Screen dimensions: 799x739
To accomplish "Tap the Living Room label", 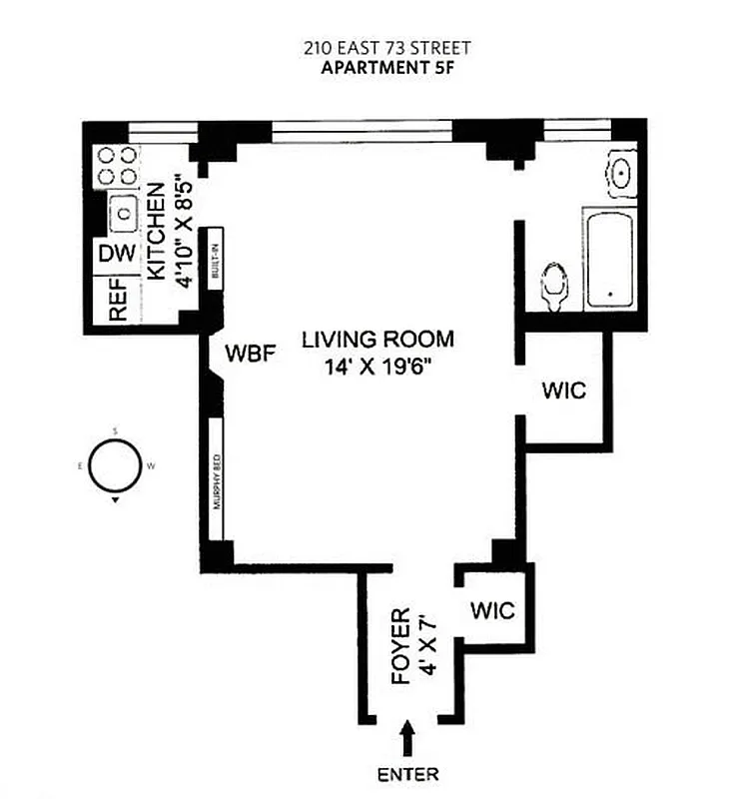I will tap(377, 339).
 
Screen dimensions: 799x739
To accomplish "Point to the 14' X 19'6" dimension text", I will tap(377, 366).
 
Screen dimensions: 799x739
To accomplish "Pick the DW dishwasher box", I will tap(116, 254).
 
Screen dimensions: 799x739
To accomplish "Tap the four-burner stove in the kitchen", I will tap(117, 166).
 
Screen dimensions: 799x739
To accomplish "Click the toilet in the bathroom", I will tap(552, 284).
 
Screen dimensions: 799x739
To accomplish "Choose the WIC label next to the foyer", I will tap(493, 609).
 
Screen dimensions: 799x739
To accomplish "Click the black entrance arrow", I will tap(407, 741).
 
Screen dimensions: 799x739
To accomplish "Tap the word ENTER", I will tap(407, 774).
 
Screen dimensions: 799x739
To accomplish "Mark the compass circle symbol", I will tap(116, 466).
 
